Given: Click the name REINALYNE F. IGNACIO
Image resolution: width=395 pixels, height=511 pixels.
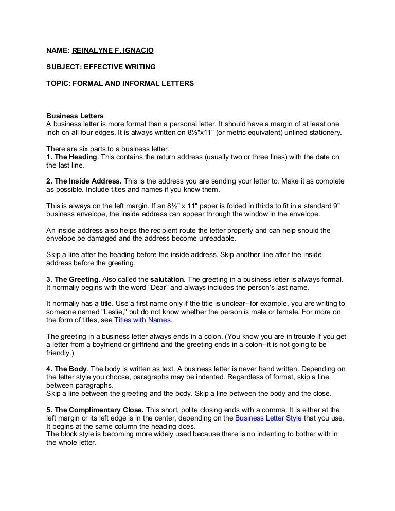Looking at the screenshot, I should tap(113, 50).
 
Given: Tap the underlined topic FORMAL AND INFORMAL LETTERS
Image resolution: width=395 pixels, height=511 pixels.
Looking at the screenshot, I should tap(133, 83).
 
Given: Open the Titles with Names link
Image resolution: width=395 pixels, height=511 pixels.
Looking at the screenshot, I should tap(143, 320).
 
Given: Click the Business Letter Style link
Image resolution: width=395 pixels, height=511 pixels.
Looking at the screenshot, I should tap(268, 418).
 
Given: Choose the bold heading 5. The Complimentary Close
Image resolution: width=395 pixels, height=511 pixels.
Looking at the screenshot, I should tap(95, 410).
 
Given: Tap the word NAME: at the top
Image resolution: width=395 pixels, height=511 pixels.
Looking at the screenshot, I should tap(58, 50).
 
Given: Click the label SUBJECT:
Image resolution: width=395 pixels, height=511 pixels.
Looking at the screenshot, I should tap(63, 67).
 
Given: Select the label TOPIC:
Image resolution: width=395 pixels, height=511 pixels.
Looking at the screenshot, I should tap(58, 83).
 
